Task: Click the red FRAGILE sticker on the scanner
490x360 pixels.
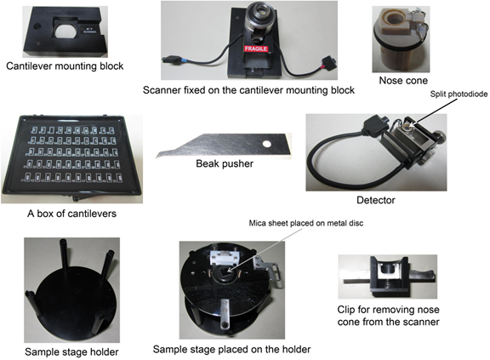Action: (256, 49)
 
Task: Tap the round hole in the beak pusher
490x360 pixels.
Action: (266, 144)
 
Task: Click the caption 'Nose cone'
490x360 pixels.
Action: (403, 80)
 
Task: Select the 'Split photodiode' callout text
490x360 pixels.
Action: (459, 94)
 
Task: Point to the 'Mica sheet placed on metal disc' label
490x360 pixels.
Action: (306, 223)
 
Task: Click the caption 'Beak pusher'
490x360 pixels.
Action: (225, 163)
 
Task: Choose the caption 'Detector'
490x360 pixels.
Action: (376, 200)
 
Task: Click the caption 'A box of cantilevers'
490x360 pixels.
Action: (71, 214)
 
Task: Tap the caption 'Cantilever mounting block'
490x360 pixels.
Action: (65, 66)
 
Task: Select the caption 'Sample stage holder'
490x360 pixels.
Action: (71, 351)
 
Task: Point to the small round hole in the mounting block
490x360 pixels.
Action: (37, 26)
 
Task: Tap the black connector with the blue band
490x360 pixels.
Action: (173, 60)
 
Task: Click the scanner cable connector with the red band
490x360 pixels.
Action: (327, 62)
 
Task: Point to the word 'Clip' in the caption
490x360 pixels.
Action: (346, 310)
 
